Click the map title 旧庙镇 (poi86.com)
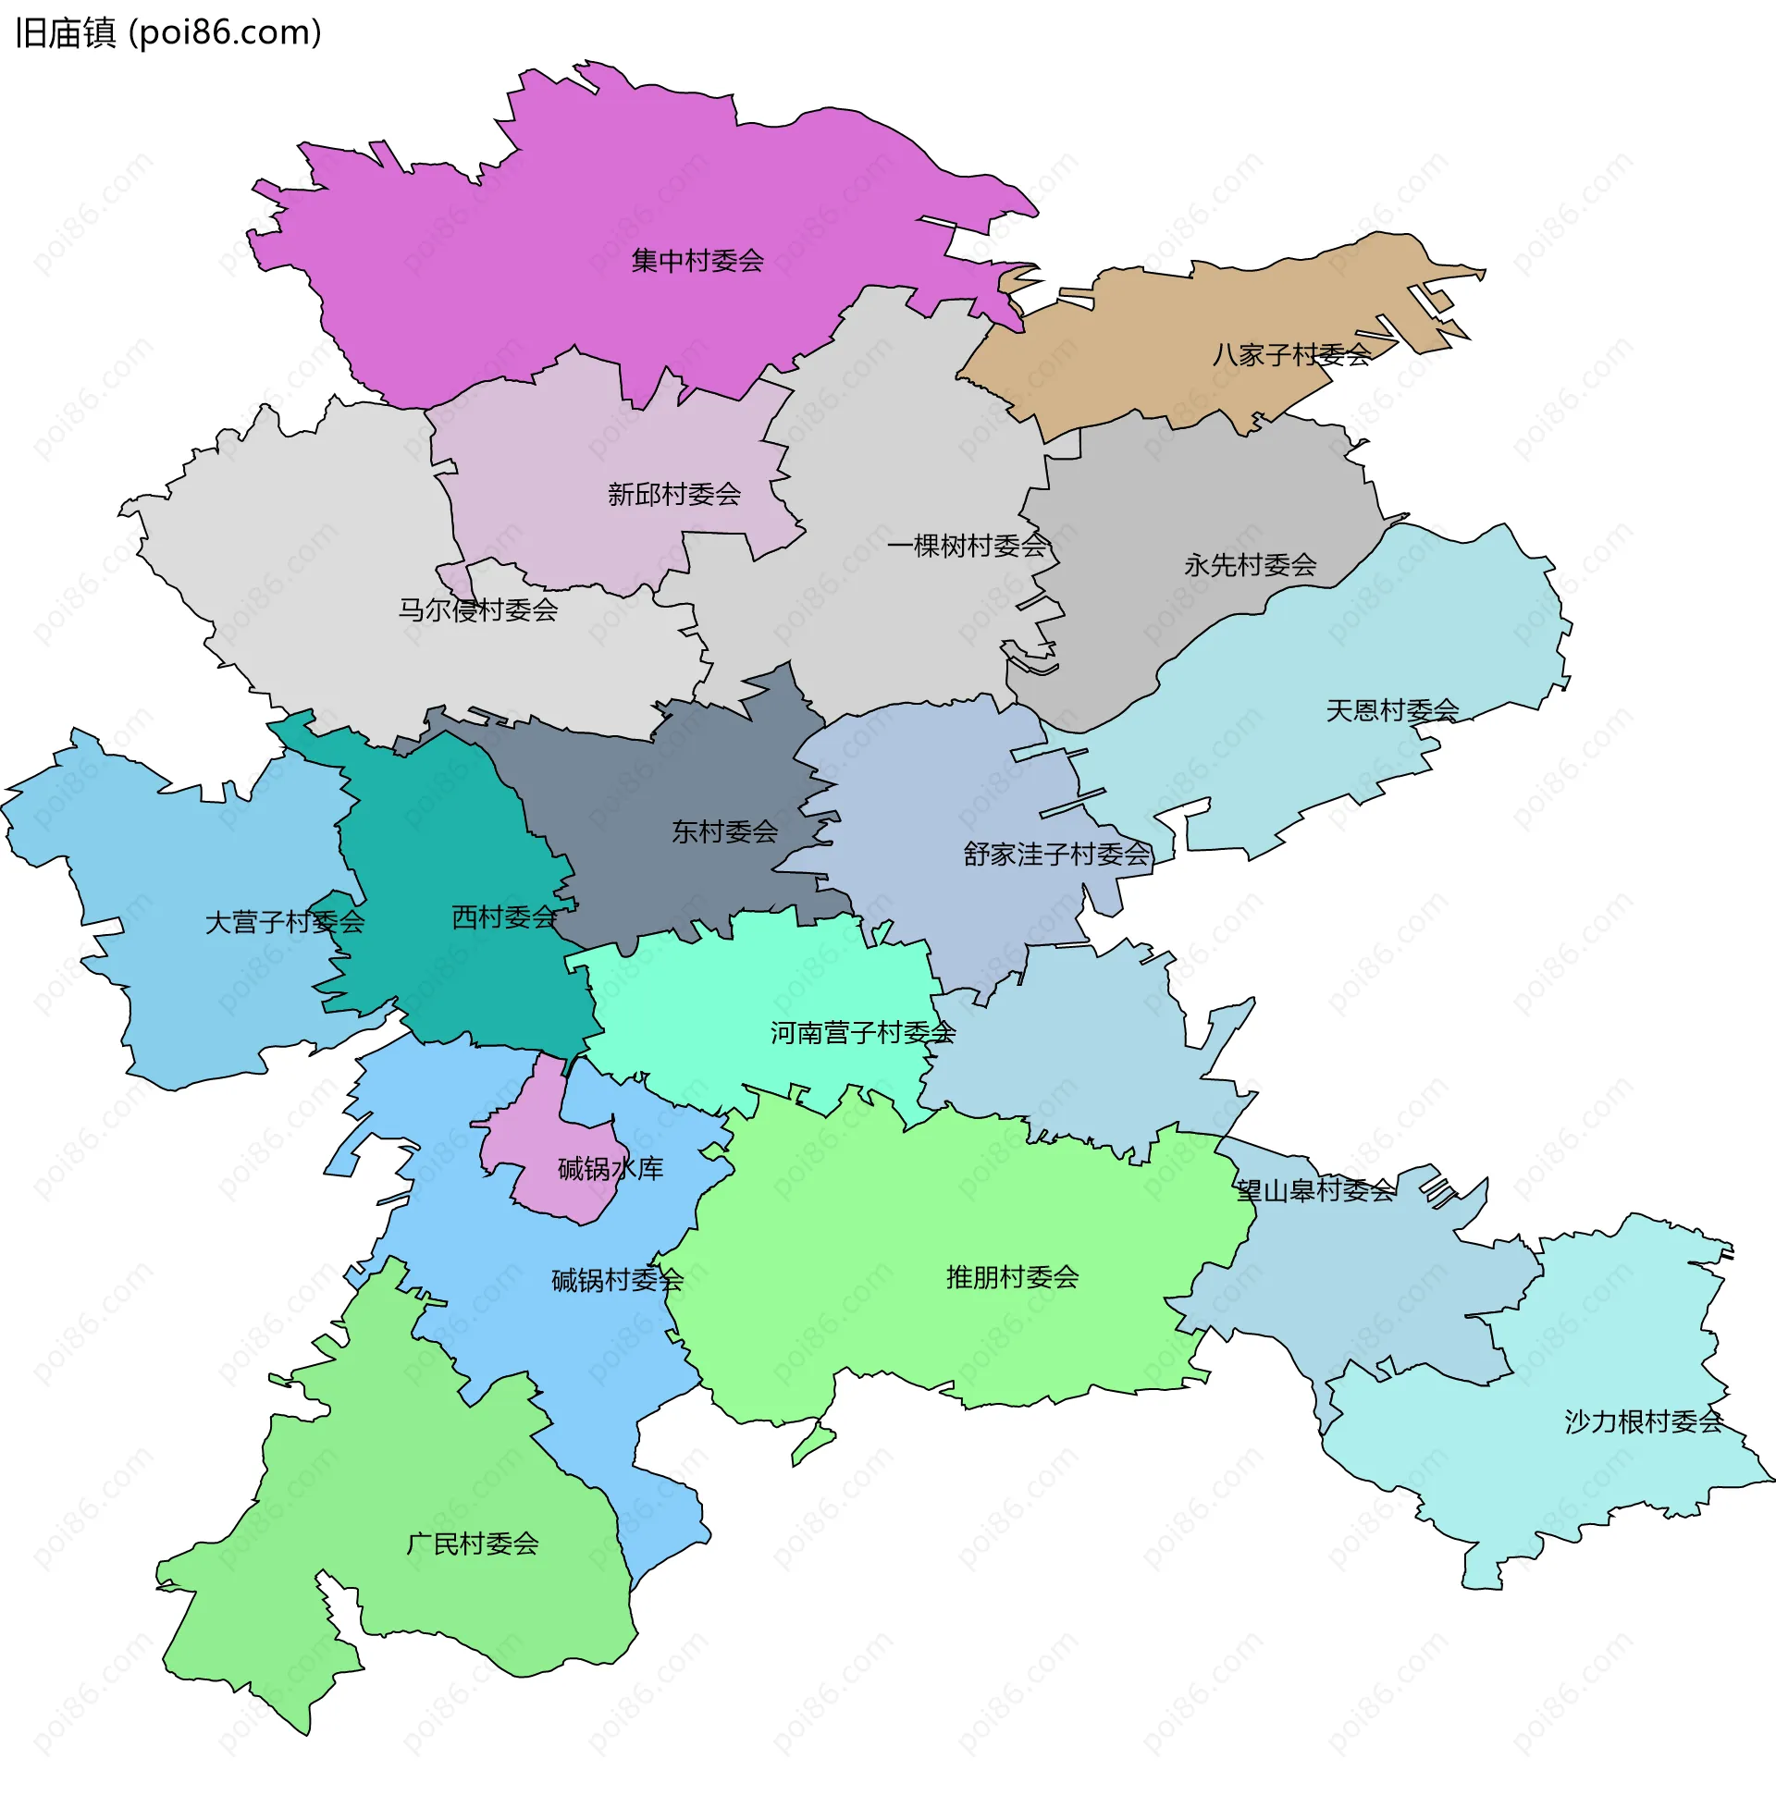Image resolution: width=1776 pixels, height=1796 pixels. pyautogui.click(x=168, y=33)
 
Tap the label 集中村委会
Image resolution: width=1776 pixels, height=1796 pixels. pyautogui.click(x=697, y=261)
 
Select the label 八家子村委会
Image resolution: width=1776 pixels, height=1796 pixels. pyautogui.click(x=1290, y=355)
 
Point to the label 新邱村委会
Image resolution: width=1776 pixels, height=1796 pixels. pyautogui.click(x=674, y=495)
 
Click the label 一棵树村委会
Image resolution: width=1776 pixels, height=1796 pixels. pyautogui.click(x=967, y=547)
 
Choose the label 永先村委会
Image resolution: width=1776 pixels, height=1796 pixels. pyautogui.click(x=1250, y=565)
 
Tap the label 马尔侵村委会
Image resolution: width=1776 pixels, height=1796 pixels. pyautogui.click(x=478, y=610)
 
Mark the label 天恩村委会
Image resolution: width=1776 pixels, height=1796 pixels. pyautogui.click(x=1392, y=711)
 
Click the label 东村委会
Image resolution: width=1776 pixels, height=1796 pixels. pyautogui.click(x=724, y=832)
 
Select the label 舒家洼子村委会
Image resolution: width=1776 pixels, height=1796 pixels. pyautogui.click(x=1057, y=855)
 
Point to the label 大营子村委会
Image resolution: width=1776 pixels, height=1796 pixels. pyautogui.click(x=285, y=923)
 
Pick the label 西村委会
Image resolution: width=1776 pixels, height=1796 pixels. pyautogui.click(x=504, y=918)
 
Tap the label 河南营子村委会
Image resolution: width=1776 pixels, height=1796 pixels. pyautogui.click(x=863, y=1033)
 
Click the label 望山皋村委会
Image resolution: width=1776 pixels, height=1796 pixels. pyautogui.click(x=1315, y=1191)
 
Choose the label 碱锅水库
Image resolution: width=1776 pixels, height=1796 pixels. pyautogui.click(x=610, y=1170)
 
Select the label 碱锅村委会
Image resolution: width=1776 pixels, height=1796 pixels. pyautogui.click(x=617, y=1281)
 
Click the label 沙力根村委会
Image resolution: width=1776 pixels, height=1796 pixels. pyautogui.click(x=1643, y=1422)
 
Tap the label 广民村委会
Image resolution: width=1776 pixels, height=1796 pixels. pyautogui.click(x=473, y=1545)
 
